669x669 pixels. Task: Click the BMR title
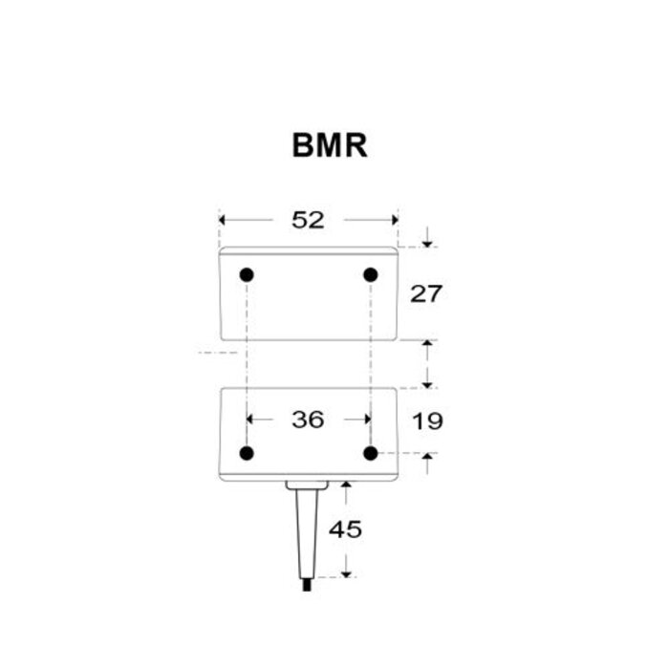(330, 146)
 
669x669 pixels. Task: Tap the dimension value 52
(308, 220)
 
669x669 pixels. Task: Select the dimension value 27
(426, 293)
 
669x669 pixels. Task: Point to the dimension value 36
(308, 419)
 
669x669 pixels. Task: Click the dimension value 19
(426, 420)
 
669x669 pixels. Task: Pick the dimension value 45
(346, 529)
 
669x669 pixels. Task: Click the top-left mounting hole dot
(247, 275)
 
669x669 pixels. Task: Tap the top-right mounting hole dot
(371, 275)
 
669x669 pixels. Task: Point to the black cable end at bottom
(305, 584)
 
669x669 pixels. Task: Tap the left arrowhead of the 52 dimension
(226, 220)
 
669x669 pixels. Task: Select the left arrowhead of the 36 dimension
(253, 419)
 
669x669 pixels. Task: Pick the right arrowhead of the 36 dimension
(364, 419)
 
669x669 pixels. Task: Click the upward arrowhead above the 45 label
(346, 487)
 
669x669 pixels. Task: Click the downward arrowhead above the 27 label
(427, 239)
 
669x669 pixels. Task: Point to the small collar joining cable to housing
(306, 486)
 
